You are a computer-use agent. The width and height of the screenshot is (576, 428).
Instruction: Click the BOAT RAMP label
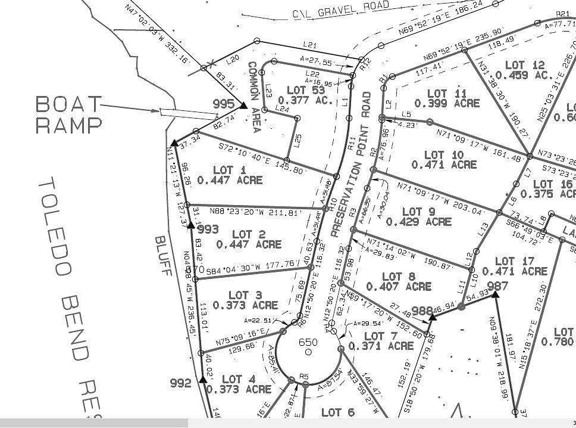coord(68,114)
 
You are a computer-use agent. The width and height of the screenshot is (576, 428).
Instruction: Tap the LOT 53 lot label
coord(305,91)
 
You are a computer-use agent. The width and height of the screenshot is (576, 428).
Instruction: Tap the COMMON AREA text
coord(254,98)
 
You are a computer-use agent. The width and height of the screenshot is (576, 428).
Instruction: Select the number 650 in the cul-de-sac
coord(308,342)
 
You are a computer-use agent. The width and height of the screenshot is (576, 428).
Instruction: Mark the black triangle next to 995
coord(243,106)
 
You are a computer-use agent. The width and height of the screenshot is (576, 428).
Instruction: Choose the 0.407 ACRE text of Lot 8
coord(399,287)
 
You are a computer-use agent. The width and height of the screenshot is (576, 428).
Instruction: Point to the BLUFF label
coord(163,256)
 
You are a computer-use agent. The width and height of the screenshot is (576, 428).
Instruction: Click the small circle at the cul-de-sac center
coord(308,352)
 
